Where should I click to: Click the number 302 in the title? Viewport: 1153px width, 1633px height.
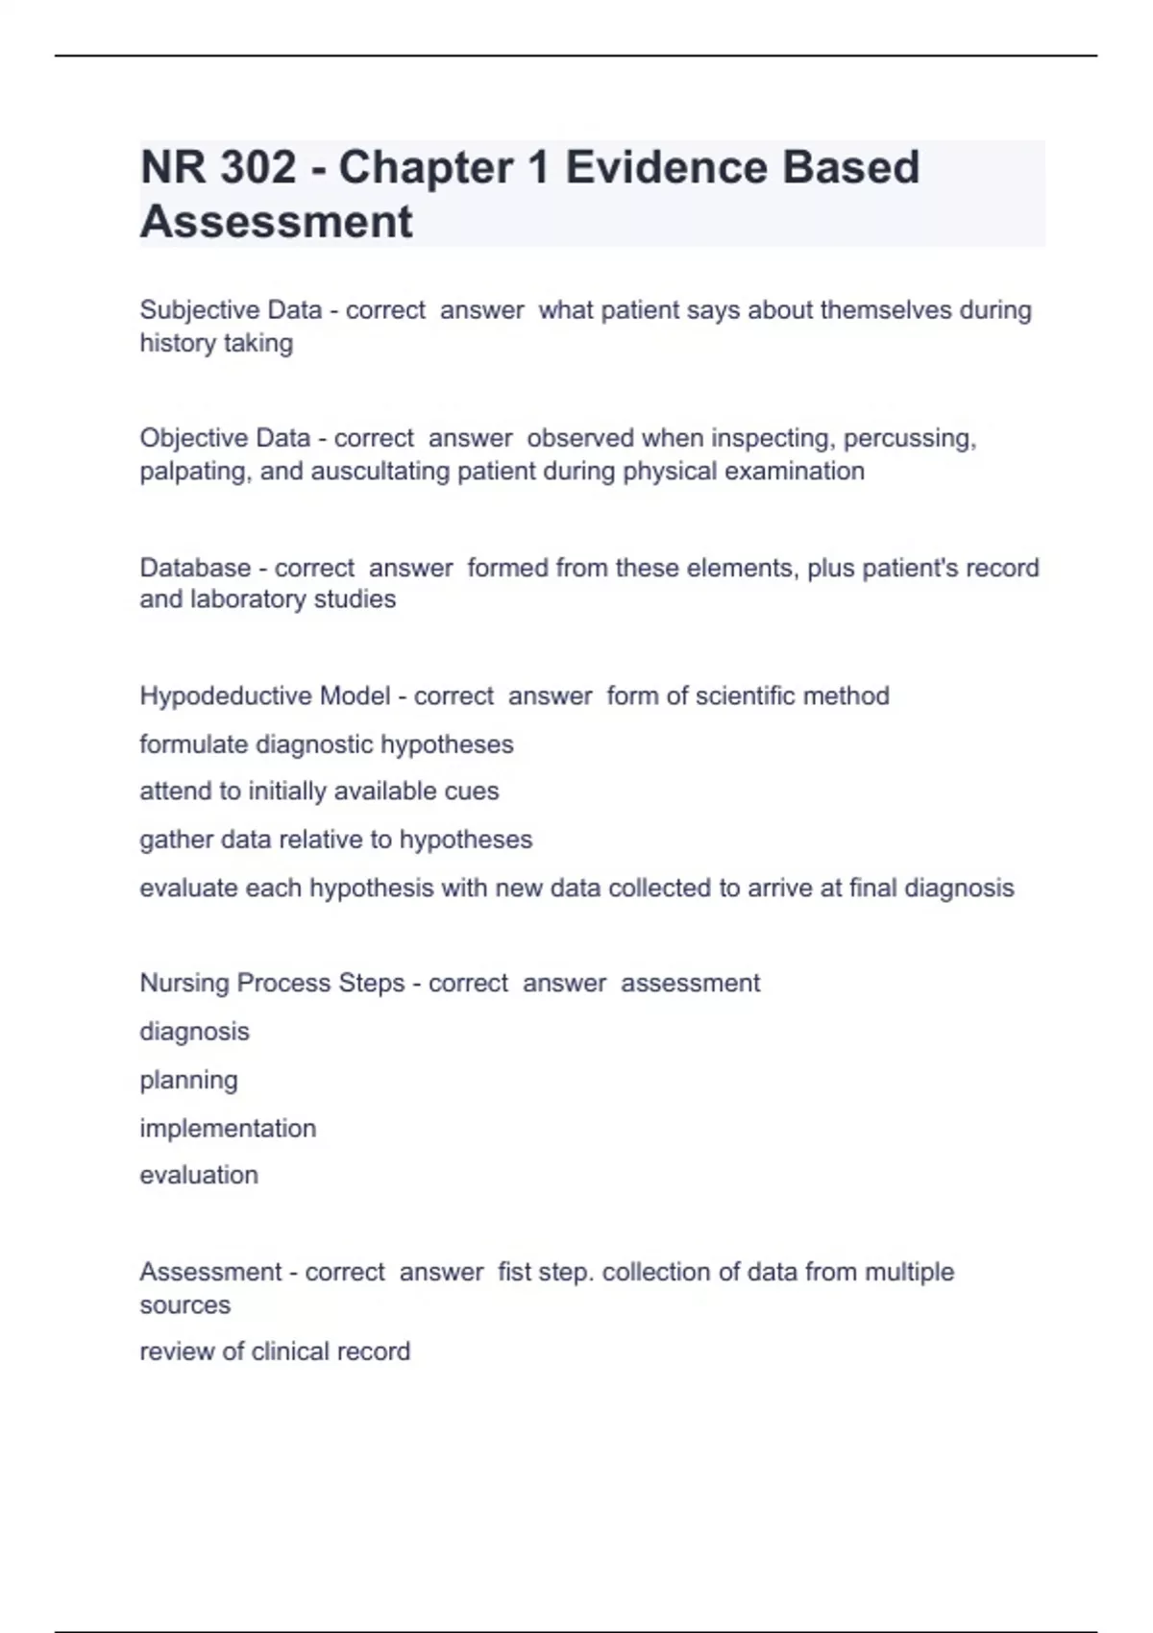pyautogui.click(x=258, y=167)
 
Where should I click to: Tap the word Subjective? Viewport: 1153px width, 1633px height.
pyautogui.click(x=200, y=310)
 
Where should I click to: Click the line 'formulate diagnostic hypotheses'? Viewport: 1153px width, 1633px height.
pyautogui.click(x=327, y=744)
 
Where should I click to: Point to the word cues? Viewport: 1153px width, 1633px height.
pyautogui.click(x=472, y=792)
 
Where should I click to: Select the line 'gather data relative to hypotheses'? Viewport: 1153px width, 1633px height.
pyautogui.click(x=335, y=840)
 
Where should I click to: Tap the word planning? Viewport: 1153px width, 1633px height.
pyautogui.click(x=188, y=1081)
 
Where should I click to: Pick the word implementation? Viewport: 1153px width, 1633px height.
pyautogui.click(x=228, y=1128)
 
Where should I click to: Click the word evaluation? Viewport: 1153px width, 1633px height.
pyautogui.click(x=199, y=1175)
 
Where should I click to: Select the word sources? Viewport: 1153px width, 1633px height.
pyautogui.click(x=184, y=1305)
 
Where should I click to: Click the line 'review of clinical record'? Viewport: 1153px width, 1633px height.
pyautogui.click(x=275, y=1352)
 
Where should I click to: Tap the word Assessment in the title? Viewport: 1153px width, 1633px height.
pyautogui.click(x=276, y=221)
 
